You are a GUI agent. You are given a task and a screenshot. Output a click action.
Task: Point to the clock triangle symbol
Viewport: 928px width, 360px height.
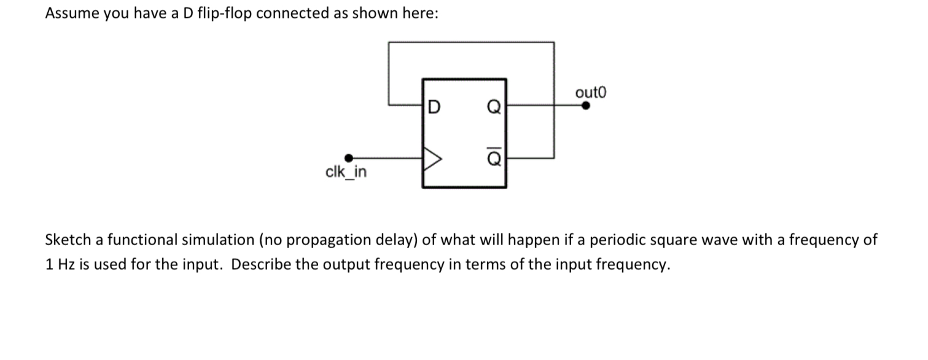point(432,161)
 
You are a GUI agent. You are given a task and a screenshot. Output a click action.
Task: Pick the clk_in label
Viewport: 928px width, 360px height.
point(346,172)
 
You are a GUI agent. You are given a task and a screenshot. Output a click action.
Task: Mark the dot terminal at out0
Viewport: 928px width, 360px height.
point(586,105)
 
